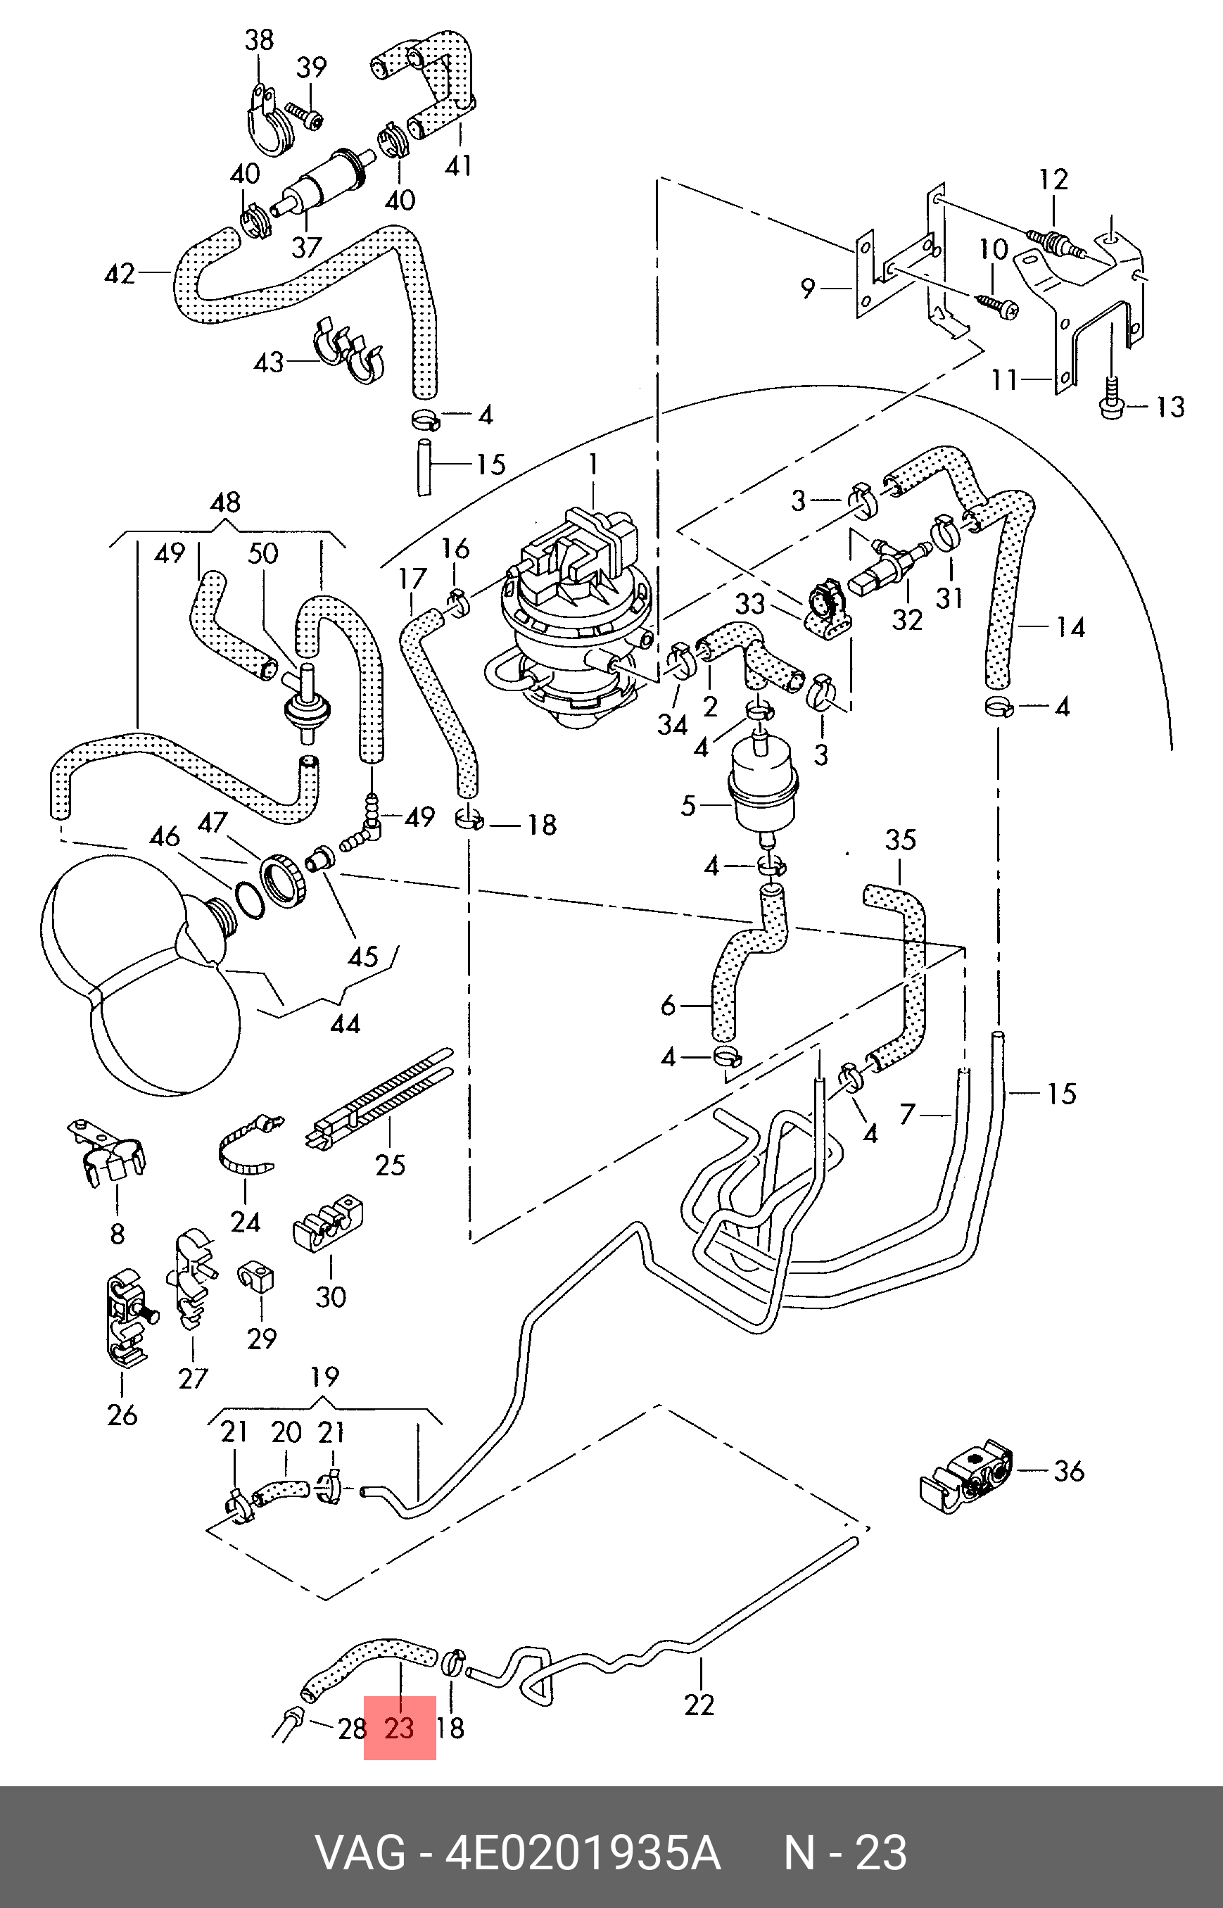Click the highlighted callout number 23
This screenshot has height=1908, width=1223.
click(400, 1728)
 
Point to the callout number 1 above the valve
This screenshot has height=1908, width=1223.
click(593, 463)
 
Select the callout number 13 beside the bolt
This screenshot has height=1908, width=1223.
click(1170, 407)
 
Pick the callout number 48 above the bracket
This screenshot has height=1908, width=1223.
click(226, 502)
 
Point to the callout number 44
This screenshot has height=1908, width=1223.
click(345, 1024)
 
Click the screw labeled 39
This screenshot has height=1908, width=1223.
click(305, 115)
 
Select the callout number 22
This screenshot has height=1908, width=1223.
click(699, 1705)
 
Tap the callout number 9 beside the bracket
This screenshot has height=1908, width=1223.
click(807, 288)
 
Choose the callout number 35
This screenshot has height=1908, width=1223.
click(901, 840)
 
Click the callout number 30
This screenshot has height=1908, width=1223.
click(330, 1296)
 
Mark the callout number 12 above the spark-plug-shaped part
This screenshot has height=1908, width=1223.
click(1054, 179)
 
